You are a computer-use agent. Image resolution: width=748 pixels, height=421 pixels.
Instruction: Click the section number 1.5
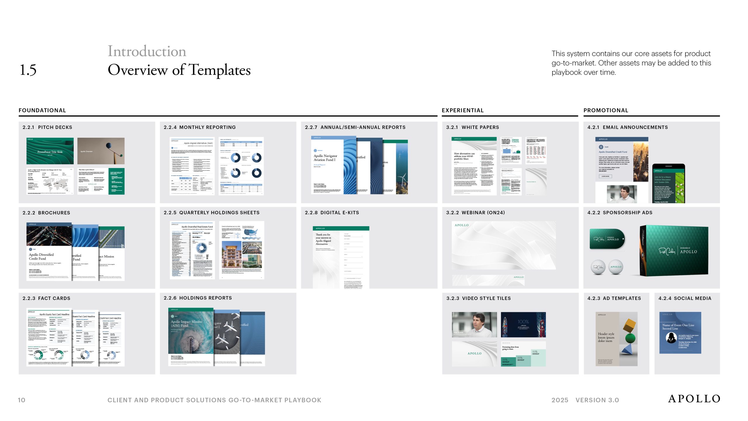coord(28,70)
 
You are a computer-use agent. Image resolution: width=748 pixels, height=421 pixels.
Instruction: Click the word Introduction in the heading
coord(147,51)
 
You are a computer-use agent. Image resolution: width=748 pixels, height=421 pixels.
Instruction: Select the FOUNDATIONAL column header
coord(42,110)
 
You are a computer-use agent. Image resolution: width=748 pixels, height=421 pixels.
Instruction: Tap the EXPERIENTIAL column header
coord(463,110)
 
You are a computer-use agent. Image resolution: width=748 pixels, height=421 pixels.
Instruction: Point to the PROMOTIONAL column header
coord(606,110)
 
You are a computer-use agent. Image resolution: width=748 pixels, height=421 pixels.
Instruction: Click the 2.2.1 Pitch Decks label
coord(47,127)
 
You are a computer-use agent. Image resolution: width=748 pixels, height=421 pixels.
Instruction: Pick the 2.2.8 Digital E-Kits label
coord(332,213)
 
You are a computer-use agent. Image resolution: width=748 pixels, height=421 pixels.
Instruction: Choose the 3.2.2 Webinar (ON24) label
coord(475,213)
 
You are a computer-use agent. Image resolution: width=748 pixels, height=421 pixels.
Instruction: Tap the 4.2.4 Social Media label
coord(685,298)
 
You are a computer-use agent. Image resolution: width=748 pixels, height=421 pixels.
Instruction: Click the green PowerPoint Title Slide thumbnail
coord(50,151)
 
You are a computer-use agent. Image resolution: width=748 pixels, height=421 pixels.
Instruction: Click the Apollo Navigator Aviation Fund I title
coord(325,158)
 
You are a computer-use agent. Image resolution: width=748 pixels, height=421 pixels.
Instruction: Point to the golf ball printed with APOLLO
coord(616,267)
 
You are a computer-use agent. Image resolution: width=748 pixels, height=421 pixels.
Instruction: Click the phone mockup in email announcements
coord(669,184)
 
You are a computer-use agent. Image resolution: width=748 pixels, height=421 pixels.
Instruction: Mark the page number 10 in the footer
coord(22,400)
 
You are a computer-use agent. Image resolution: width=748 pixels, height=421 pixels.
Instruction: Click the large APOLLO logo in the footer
coord(694,399)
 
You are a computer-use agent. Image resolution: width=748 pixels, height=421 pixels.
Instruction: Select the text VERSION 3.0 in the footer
coord(597,400)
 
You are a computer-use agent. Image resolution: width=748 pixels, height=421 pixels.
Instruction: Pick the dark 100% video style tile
coord(523,325)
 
